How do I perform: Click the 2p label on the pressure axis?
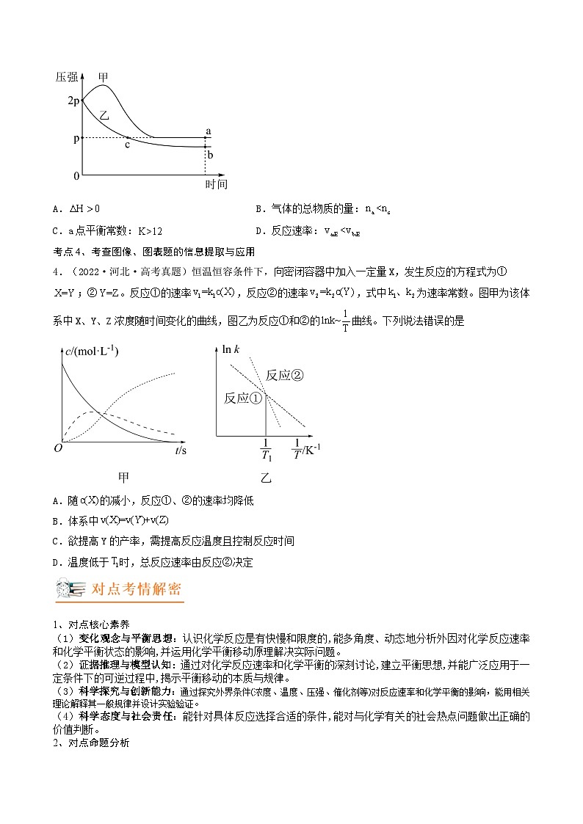72,101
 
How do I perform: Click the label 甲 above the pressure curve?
104,76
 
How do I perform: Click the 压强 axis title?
66,76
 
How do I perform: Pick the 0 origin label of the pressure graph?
76,176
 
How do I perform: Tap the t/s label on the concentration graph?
181,450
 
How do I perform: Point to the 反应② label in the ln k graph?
284,375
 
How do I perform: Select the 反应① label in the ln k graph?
243,398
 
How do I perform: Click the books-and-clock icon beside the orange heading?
70,589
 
